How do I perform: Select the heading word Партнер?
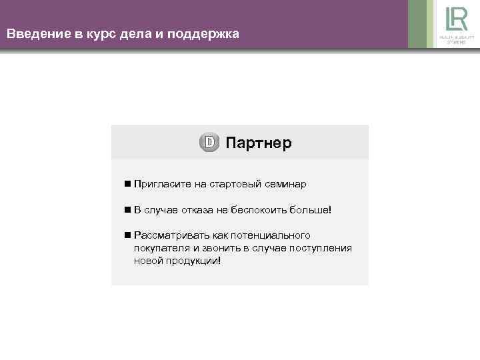[259, 143]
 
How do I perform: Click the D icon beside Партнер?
[209, 143]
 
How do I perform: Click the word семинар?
[285, 183]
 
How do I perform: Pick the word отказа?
[194, 210]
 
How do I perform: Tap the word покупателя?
[161, 248]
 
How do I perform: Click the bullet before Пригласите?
[127, 183]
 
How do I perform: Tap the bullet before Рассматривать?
[127, 235]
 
